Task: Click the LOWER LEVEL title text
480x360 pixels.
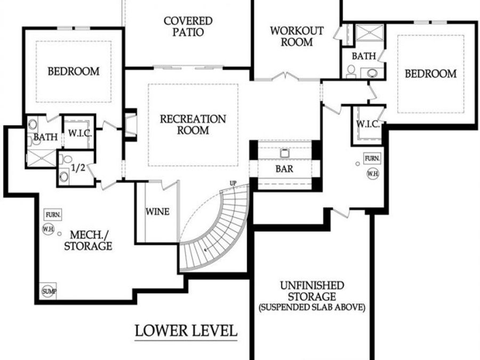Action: [186, 330]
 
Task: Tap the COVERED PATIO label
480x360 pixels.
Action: [188, 26]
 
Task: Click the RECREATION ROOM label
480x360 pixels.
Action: [193, 124]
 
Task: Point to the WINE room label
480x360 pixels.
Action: [157, 212]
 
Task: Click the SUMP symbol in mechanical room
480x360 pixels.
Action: [49, 291]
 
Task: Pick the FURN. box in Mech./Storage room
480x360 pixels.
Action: [53, 214]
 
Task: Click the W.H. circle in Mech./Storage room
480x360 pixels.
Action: [49, 228]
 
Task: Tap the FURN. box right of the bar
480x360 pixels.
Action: [372, 158]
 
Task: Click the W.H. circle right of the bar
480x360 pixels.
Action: [372, 173]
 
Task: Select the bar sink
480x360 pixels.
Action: [284, 153]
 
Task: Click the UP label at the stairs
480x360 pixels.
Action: [233, 183]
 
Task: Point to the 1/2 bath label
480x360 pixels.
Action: [78, 167]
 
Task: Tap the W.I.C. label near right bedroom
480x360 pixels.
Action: [367, 124]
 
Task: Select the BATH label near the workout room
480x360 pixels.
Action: [364, 55]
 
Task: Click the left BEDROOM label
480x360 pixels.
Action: [74, 71]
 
